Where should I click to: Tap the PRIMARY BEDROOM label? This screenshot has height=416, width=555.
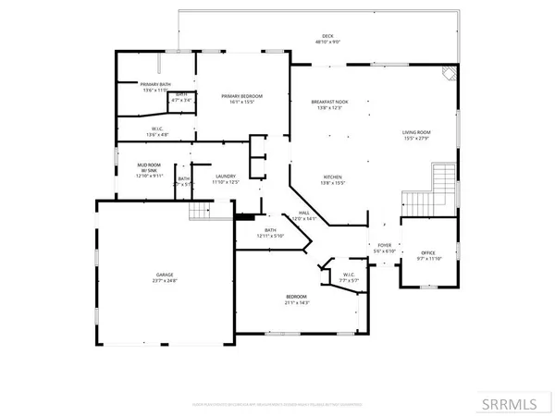[x=242, y=96]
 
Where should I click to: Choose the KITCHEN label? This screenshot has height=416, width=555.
[x=332, y=176]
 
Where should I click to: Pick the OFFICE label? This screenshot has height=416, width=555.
[x=427, y=252]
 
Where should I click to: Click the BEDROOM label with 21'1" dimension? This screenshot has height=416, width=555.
[x=297, y=296]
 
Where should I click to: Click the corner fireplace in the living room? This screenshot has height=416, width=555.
[x=449, y=75]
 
